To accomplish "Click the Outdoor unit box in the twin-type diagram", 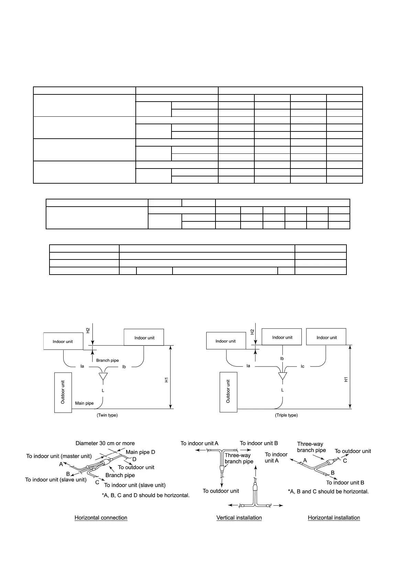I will point(63,392).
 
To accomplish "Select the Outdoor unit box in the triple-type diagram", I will point(228,392).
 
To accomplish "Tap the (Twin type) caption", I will point(107,415).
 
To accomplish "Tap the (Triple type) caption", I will point(286,415).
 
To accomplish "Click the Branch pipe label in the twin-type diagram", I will point(107,360).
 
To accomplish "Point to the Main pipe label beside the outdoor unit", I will point(84,403).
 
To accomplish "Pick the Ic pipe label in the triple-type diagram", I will point(302,366).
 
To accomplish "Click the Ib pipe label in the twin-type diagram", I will point(124,367).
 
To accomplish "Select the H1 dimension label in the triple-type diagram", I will point(346,379).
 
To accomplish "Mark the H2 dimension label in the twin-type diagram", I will point(88,330).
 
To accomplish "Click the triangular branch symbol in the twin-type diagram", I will point(103,377).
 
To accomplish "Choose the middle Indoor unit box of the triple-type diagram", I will point(282,337).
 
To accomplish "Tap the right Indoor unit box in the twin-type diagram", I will point(144,337).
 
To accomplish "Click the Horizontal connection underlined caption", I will point(101,518).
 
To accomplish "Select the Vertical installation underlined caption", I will point(239,518).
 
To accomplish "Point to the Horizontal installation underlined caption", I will point(334,518).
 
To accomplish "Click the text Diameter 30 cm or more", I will point(105,443).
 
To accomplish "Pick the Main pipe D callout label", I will point(140,452).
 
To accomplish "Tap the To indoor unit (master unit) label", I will point(59,456).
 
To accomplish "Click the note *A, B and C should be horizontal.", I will point(328,492).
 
